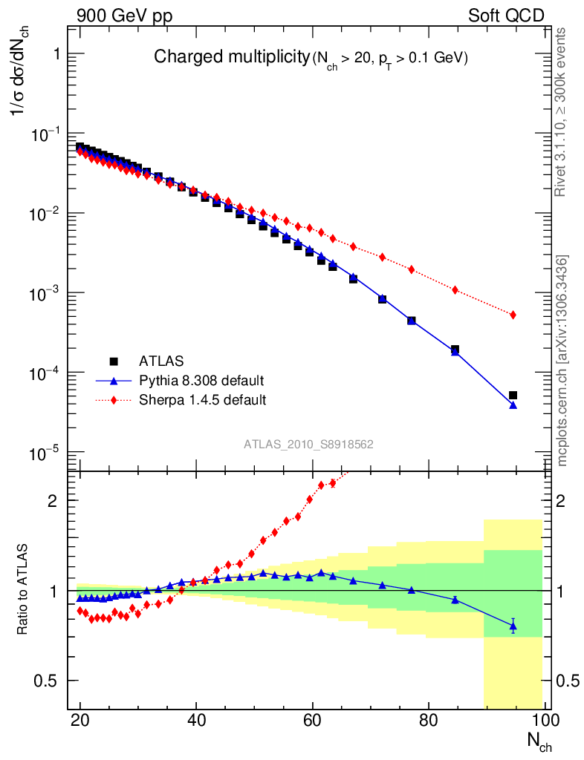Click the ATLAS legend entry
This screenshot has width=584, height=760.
pos(160,361)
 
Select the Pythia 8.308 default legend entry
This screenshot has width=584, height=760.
pos(201,381)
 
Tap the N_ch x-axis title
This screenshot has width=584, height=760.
pos(539,741)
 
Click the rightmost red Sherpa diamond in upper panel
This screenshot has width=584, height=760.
pos(513,315)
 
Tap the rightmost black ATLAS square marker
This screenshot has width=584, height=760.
pos(513,396)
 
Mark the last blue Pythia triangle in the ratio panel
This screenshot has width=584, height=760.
pos(513,626)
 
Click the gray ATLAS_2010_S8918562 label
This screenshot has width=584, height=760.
pos(308,445)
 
